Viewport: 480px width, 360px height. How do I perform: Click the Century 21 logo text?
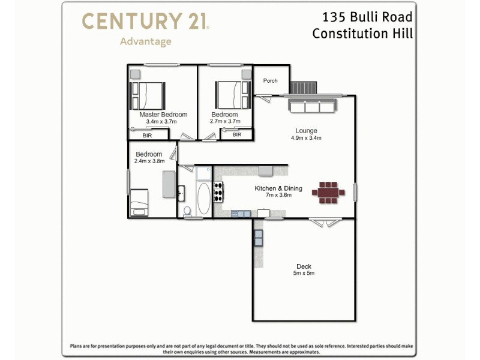pyautogui.click(x=145, y=22)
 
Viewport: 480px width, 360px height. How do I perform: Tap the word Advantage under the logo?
pyautogui.click(x=145, y=41)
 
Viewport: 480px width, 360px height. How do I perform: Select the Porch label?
pyautogui.click(x=271, y=80)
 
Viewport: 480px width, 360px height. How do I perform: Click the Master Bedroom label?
pyautogui.click(x=163, y=115)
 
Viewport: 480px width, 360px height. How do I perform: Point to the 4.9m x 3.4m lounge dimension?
pyautogui.click(x=306, y=138)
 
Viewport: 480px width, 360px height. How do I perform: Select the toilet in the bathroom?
pyautogui.click(x=188, y=211)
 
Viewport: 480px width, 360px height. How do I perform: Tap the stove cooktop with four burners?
pyautogui.click(x=218, y=192)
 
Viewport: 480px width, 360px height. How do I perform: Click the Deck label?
pyautogui.click(x=304, y=266)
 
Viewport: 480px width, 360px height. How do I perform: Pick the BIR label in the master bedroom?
pyautogui.click(x=147, y=136)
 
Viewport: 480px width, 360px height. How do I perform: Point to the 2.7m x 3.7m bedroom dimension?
pyautogui.click(x=225, y=121)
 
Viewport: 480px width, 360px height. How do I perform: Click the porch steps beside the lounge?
pyautogui.click(x=302, y=88)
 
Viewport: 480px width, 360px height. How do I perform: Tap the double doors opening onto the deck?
pyautogui.click(x=325, y=221)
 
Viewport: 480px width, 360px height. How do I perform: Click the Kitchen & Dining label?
pyautogui.click(x=278, y=188)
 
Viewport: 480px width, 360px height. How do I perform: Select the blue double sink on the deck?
pyautogui.click(x=258, y=238)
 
